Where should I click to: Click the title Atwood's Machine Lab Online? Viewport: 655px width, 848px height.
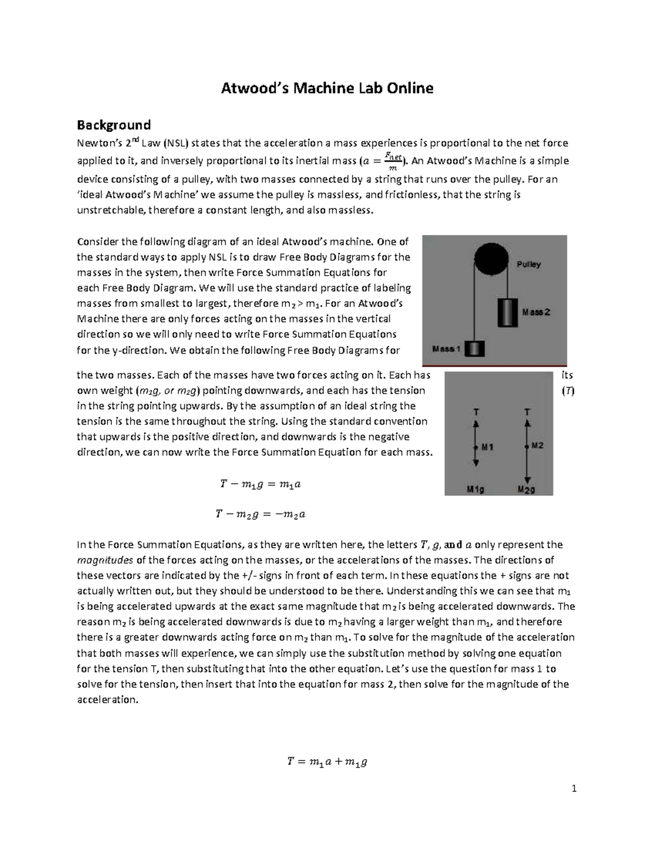(x=326, y=88)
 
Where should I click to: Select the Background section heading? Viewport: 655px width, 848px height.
(x=113, y=125)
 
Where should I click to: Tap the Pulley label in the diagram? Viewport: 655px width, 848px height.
(x=528, y=264)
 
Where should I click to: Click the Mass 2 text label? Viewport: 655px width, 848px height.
(x=536, y=312)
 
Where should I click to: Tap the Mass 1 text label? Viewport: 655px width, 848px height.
(x=447, y=348)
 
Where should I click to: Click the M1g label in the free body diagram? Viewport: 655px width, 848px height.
(x=475, y=490)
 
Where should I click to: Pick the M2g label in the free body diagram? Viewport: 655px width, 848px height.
(x=526, y=490)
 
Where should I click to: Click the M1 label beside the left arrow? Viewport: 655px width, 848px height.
(x=487, y=447)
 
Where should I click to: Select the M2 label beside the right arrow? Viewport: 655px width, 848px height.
(x=538, y=446)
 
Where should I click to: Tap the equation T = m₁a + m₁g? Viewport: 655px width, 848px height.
(x=327, y=762)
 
